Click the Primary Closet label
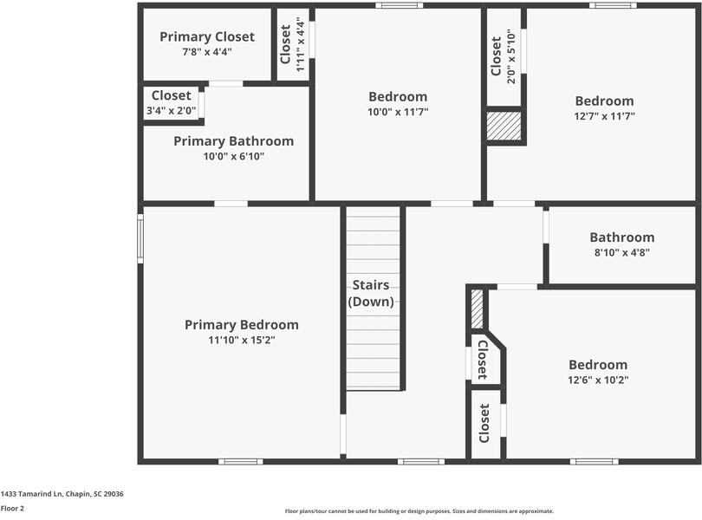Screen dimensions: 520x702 207,36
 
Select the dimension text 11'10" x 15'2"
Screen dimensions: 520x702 241,340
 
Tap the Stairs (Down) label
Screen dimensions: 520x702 371,294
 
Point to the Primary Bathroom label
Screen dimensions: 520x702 233,141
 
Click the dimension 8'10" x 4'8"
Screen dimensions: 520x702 621,252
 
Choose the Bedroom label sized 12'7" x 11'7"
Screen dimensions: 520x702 603,101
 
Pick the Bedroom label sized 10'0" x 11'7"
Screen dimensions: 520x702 398,96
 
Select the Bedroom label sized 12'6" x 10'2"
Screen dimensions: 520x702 597,365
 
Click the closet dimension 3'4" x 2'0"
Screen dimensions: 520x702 171,111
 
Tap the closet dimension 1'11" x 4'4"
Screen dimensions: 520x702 300,44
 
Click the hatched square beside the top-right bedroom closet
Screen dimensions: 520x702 504,126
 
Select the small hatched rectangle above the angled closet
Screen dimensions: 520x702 477,309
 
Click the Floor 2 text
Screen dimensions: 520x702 12,509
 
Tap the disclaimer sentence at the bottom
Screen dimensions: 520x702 419,511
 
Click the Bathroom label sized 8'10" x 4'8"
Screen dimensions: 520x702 621,237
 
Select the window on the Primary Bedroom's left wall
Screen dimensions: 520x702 140,238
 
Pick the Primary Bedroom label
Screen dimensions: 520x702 241,325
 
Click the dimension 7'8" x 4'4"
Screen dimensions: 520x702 207,52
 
